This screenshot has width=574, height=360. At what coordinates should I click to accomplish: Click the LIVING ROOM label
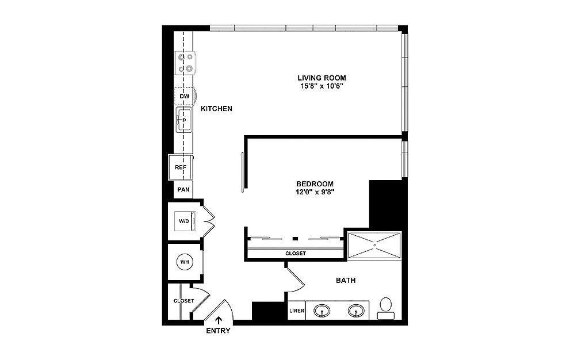[322, 78]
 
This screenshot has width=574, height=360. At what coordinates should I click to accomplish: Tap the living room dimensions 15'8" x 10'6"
[322, 87]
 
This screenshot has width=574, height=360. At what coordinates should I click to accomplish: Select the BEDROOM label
[315, 184]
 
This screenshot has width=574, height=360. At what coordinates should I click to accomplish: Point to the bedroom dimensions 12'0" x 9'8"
[315, 192]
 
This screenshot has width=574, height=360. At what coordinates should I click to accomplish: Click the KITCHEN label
[216, 109]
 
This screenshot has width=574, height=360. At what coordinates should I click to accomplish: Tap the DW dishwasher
[185, 96]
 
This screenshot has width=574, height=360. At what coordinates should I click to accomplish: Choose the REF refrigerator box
[181, 167]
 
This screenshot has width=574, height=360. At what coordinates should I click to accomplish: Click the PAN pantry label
[183, 190]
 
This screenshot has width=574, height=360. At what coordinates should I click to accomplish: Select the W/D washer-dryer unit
[185, 221]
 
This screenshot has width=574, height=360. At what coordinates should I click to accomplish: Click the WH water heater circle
[185, 262]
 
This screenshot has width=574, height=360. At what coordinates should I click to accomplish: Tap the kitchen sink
[184, 120]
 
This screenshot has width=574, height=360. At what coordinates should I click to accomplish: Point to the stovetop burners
[185, 63]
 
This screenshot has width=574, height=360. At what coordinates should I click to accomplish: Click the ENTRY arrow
[219, 320]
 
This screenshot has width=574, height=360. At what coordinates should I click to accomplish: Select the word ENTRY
[218, 331]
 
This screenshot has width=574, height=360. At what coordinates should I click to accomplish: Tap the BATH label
[346, 281]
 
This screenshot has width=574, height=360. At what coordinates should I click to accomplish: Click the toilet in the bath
[386, 308]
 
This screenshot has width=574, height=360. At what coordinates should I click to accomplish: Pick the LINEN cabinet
[297, 310]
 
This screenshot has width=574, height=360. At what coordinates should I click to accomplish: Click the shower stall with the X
[374, 245]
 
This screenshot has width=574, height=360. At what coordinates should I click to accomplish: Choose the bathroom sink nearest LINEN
[322, 311]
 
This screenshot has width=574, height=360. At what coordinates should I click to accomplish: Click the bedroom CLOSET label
[296, 253]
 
